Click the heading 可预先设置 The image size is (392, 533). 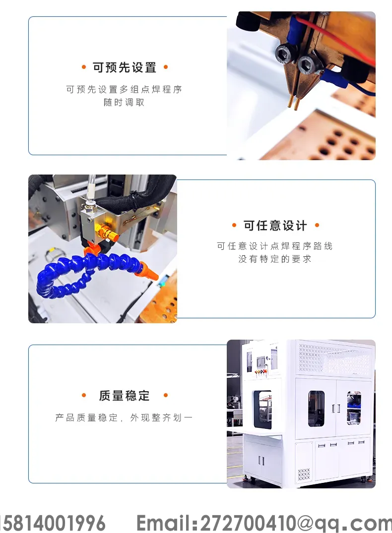[x=124, y=67]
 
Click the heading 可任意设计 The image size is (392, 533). [x=275, y=226]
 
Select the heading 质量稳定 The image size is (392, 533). [x=124, y=396]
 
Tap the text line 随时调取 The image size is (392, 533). [x=124, y=102]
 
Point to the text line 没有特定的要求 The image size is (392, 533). [x=275, y=259]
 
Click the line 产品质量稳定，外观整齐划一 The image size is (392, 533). [x=124, y=418]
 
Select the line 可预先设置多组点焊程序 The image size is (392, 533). [x=124, y=89]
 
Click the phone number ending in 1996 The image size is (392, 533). [x=53, y=523]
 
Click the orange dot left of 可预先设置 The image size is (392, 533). [x=84, y=67]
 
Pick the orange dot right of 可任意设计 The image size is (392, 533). [x=317, y=225]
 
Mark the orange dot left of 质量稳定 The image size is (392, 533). [x=84, y=395]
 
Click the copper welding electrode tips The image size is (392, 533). [x=293, y=103]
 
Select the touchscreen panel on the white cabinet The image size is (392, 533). [x=261, y=361]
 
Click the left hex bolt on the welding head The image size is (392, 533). [x=283, y=54]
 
